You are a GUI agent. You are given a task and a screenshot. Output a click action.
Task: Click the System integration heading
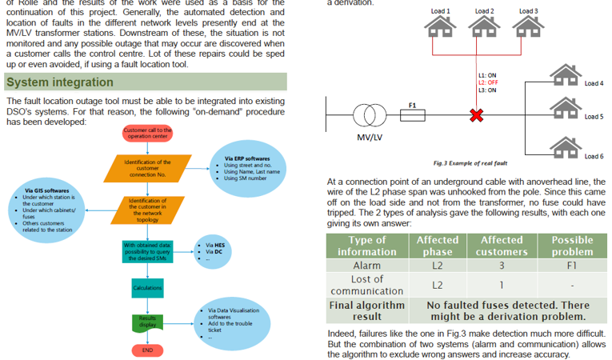pos(60,82)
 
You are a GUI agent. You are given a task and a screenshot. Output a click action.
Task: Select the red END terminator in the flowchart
pos(147,350)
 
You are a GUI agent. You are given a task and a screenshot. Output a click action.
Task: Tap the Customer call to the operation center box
pos(148,133)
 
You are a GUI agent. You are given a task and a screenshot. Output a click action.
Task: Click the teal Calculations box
pos(148,287)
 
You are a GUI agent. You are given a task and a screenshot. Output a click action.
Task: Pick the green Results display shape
pos(147,322)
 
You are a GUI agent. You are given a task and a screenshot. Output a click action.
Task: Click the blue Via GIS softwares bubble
pos(51,208)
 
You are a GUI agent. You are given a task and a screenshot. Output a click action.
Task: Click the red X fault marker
pos(477,116)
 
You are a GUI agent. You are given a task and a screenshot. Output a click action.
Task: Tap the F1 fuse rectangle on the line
pos(413,116)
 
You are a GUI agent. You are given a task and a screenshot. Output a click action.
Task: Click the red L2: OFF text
pos(487,82)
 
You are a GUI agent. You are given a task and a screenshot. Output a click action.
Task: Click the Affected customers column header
pos(501,246)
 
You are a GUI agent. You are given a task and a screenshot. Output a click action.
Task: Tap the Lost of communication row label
pos(367,285)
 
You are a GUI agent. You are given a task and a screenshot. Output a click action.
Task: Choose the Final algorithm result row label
pos(367,311)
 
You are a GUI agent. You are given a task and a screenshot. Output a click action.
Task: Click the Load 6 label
pos(594,155)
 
